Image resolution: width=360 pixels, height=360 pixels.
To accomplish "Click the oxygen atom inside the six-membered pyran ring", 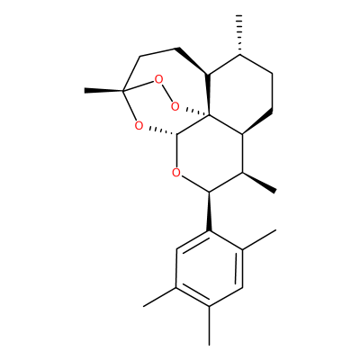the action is pyautogui.click(x=176, y=173).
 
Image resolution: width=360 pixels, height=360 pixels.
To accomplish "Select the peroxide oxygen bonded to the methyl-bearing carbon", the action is pyautogui.click(x=158, y=79).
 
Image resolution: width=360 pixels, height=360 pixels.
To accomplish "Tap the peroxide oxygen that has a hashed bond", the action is pyautogui.click(x=175, y=106).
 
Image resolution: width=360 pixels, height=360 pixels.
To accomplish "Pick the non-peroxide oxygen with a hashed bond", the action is pyautogui.click(x=139, y=125).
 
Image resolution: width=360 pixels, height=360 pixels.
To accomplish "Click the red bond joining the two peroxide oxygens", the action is pyautogui.click(x=166, y=93).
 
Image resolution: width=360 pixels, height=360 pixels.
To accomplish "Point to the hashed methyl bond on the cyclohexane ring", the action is pyautogui.click(x=239, y=34).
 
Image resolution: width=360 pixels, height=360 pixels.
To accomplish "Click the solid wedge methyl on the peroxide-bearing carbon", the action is pyautogui.click(x=103, y=90).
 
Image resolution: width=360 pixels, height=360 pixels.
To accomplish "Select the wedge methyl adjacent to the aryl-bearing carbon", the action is pyautogui.click(x=259, y=182).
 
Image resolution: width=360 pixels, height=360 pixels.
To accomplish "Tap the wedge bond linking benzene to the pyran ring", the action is pyautogui.click(x=209, y=211).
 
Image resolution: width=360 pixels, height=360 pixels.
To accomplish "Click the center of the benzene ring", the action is pyautogui.click(x=209, y=268).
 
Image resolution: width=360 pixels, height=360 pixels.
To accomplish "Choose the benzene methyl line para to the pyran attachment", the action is pyautogui.click(x=209, y=326).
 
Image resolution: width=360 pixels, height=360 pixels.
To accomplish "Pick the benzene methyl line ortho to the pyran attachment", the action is pyautogui.click(x=259, y=239).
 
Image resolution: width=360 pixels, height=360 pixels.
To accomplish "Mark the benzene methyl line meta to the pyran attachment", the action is pyautogui.click(x=159, y=297).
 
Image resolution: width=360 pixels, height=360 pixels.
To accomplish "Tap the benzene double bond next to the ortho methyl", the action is pyautogui.click(x=240, y=268).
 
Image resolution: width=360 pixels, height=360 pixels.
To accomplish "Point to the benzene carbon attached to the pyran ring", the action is pyautogui.click(x=209, y=231).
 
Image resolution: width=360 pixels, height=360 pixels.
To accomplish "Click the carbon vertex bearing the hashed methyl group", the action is pyautogui.click(x=239, y=55).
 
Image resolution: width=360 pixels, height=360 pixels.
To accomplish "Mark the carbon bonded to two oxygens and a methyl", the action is pyautogui.click(x=122, y=90).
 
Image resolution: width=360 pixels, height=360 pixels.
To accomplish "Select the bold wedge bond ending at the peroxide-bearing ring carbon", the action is pyautogui.click(x=209, y=94).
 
